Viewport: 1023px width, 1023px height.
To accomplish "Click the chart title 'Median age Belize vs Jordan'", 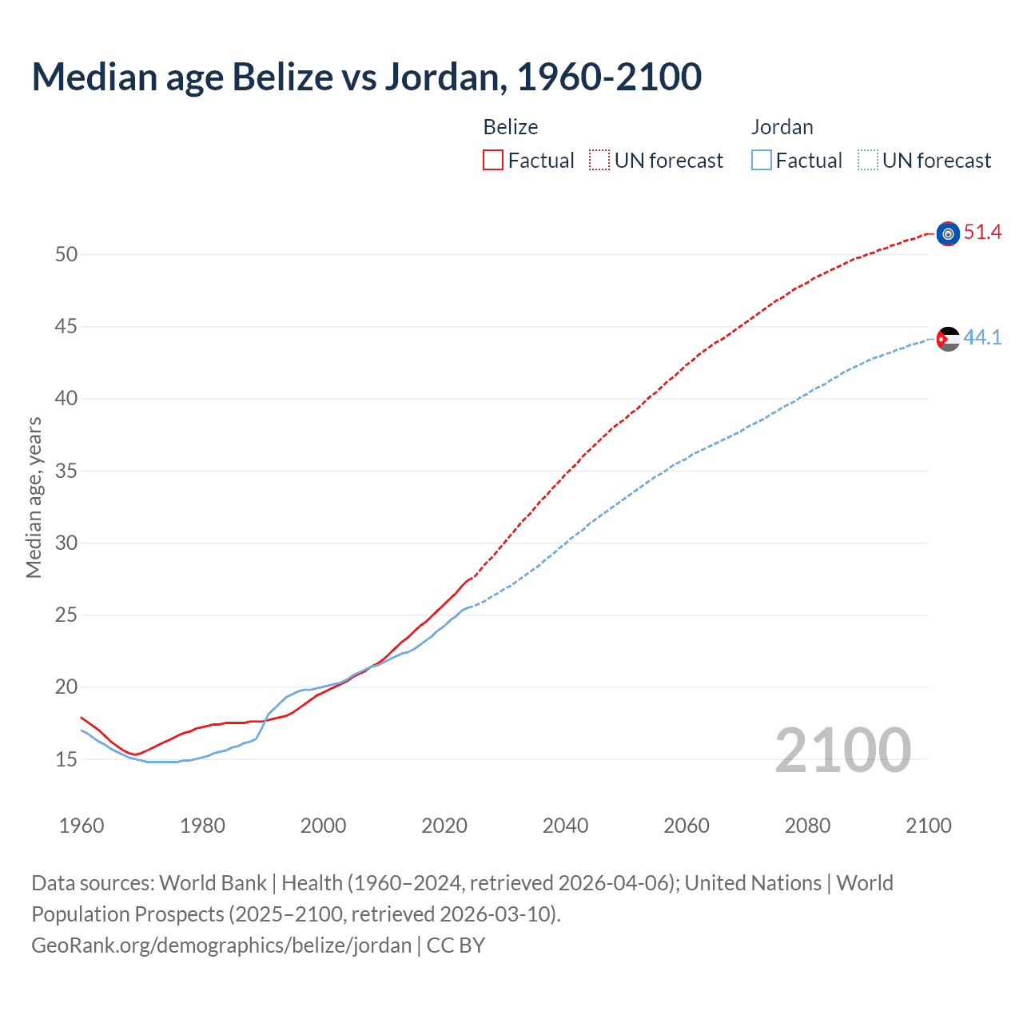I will (366, 77).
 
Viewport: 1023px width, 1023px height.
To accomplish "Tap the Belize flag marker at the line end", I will (948, 233).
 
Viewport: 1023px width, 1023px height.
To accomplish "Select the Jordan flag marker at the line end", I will (948, 339).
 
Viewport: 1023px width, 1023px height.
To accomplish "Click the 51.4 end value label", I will (982, 233).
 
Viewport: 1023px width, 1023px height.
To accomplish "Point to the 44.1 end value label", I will (982, 338).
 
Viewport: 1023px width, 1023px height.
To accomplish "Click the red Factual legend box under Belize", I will (493, 161).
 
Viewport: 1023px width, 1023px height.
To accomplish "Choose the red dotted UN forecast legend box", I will (599, 161).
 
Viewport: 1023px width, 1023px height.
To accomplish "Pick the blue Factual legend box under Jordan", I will (762, 161).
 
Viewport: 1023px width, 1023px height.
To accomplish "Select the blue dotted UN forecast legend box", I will (868, 161).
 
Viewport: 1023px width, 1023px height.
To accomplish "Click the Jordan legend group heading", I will (782, 127).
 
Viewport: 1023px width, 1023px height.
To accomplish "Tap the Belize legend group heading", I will (511, 127).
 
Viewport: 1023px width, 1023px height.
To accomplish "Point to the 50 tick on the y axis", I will (66, 255).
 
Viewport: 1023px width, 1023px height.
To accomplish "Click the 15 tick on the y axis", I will (66, 759).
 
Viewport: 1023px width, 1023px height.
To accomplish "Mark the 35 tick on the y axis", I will (66, 471).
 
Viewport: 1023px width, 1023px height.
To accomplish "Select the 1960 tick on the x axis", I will (82, 826).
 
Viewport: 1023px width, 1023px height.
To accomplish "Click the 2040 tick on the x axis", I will (565, 826).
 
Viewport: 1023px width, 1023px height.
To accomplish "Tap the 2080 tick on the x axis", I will (807, 826).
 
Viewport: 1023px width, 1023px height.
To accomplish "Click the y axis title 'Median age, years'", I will (34, 497).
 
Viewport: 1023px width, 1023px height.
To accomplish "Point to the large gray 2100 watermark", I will (842, 750).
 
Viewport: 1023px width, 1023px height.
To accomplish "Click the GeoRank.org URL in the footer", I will (221, 945).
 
